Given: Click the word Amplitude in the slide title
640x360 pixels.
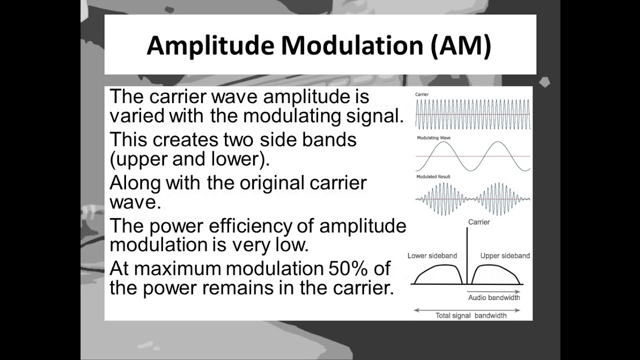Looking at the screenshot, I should (210, 45).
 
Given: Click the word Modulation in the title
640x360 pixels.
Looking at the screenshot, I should (352, 45).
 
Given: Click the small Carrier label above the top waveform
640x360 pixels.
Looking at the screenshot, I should (421, 94).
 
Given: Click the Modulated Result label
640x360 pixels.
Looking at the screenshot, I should (433, 177).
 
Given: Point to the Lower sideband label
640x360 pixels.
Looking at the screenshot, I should (432, 255).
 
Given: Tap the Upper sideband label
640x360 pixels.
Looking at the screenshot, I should (505, 255).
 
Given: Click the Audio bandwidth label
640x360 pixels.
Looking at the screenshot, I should (494, 297).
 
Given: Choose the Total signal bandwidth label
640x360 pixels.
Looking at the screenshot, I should (470, 315).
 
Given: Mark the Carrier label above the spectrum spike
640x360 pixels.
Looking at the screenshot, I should (479, 222).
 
